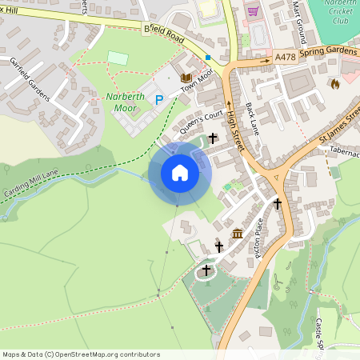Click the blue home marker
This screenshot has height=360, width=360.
[180, 173]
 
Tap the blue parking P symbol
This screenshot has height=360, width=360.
[158, 99]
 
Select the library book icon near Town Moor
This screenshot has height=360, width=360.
[186, 78]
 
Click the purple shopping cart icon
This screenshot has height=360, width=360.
[253, 11]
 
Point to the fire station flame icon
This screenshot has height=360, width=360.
[334, 83]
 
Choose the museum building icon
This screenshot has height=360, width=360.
[238, 234]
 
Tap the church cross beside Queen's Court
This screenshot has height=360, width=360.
[213, 139]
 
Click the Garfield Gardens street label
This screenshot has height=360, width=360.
[30, 79]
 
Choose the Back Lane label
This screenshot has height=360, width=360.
[254, 118]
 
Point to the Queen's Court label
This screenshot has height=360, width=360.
[199, 122]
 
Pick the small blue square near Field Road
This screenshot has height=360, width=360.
[208, 58]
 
